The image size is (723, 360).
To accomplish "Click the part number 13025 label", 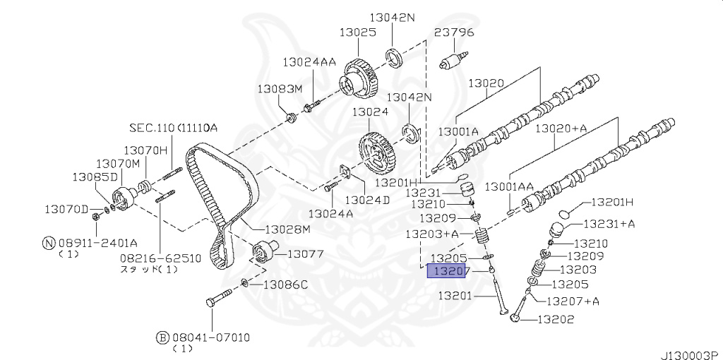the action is pos(358,32).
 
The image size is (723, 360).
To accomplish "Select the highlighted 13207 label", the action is pos(446,271).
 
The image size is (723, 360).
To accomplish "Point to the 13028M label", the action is pos(282,229).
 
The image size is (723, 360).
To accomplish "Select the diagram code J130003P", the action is pos(691,355).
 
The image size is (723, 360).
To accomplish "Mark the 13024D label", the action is pos(367,200).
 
